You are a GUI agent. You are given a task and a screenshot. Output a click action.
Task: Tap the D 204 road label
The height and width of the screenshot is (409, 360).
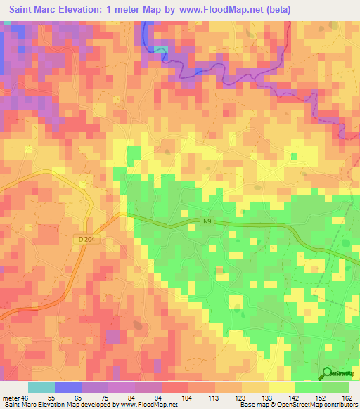(x=86, y=240)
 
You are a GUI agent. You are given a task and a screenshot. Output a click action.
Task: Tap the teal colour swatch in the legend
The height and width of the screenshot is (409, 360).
(x=41, y=387)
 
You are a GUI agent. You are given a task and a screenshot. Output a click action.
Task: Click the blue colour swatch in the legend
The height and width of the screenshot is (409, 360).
(x=68, y=387)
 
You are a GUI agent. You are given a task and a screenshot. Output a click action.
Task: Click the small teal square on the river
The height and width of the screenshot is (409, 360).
(x=161, y=49)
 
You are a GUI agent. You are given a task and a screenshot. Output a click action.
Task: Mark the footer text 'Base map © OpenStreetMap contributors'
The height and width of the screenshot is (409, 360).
(x=295, y=404)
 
